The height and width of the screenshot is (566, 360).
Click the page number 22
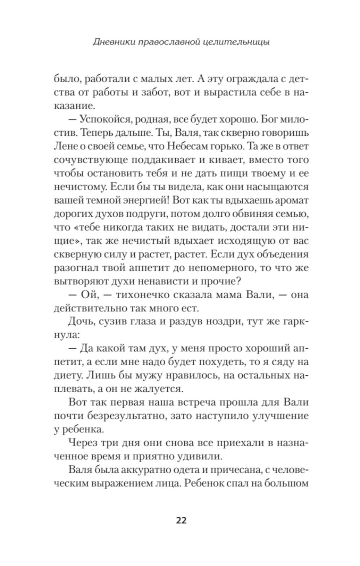coord(181,520)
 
